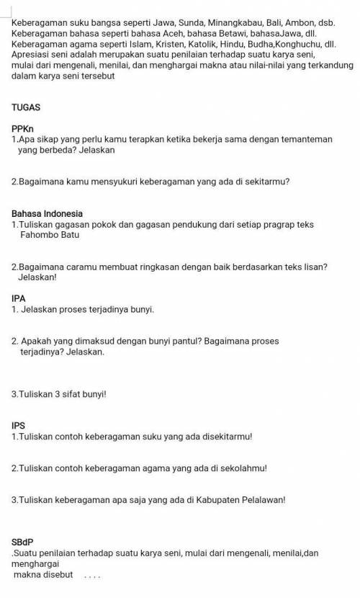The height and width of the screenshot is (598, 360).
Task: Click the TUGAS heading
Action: tap(26, 107)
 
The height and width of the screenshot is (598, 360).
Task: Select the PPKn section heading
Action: tap(23, 128)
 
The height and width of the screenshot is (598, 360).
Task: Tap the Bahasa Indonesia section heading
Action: tap(48, 213)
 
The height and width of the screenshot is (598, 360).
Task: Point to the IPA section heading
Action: tap(19, 298)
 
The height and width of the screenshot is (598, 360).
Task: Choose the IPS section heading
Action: tap(19, 424)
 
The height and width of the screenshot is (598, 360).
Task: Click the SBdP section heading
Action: tap(22, 541)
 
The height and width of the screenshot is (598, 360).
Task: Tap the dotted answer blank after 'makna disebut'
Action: tap(91, 575)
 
